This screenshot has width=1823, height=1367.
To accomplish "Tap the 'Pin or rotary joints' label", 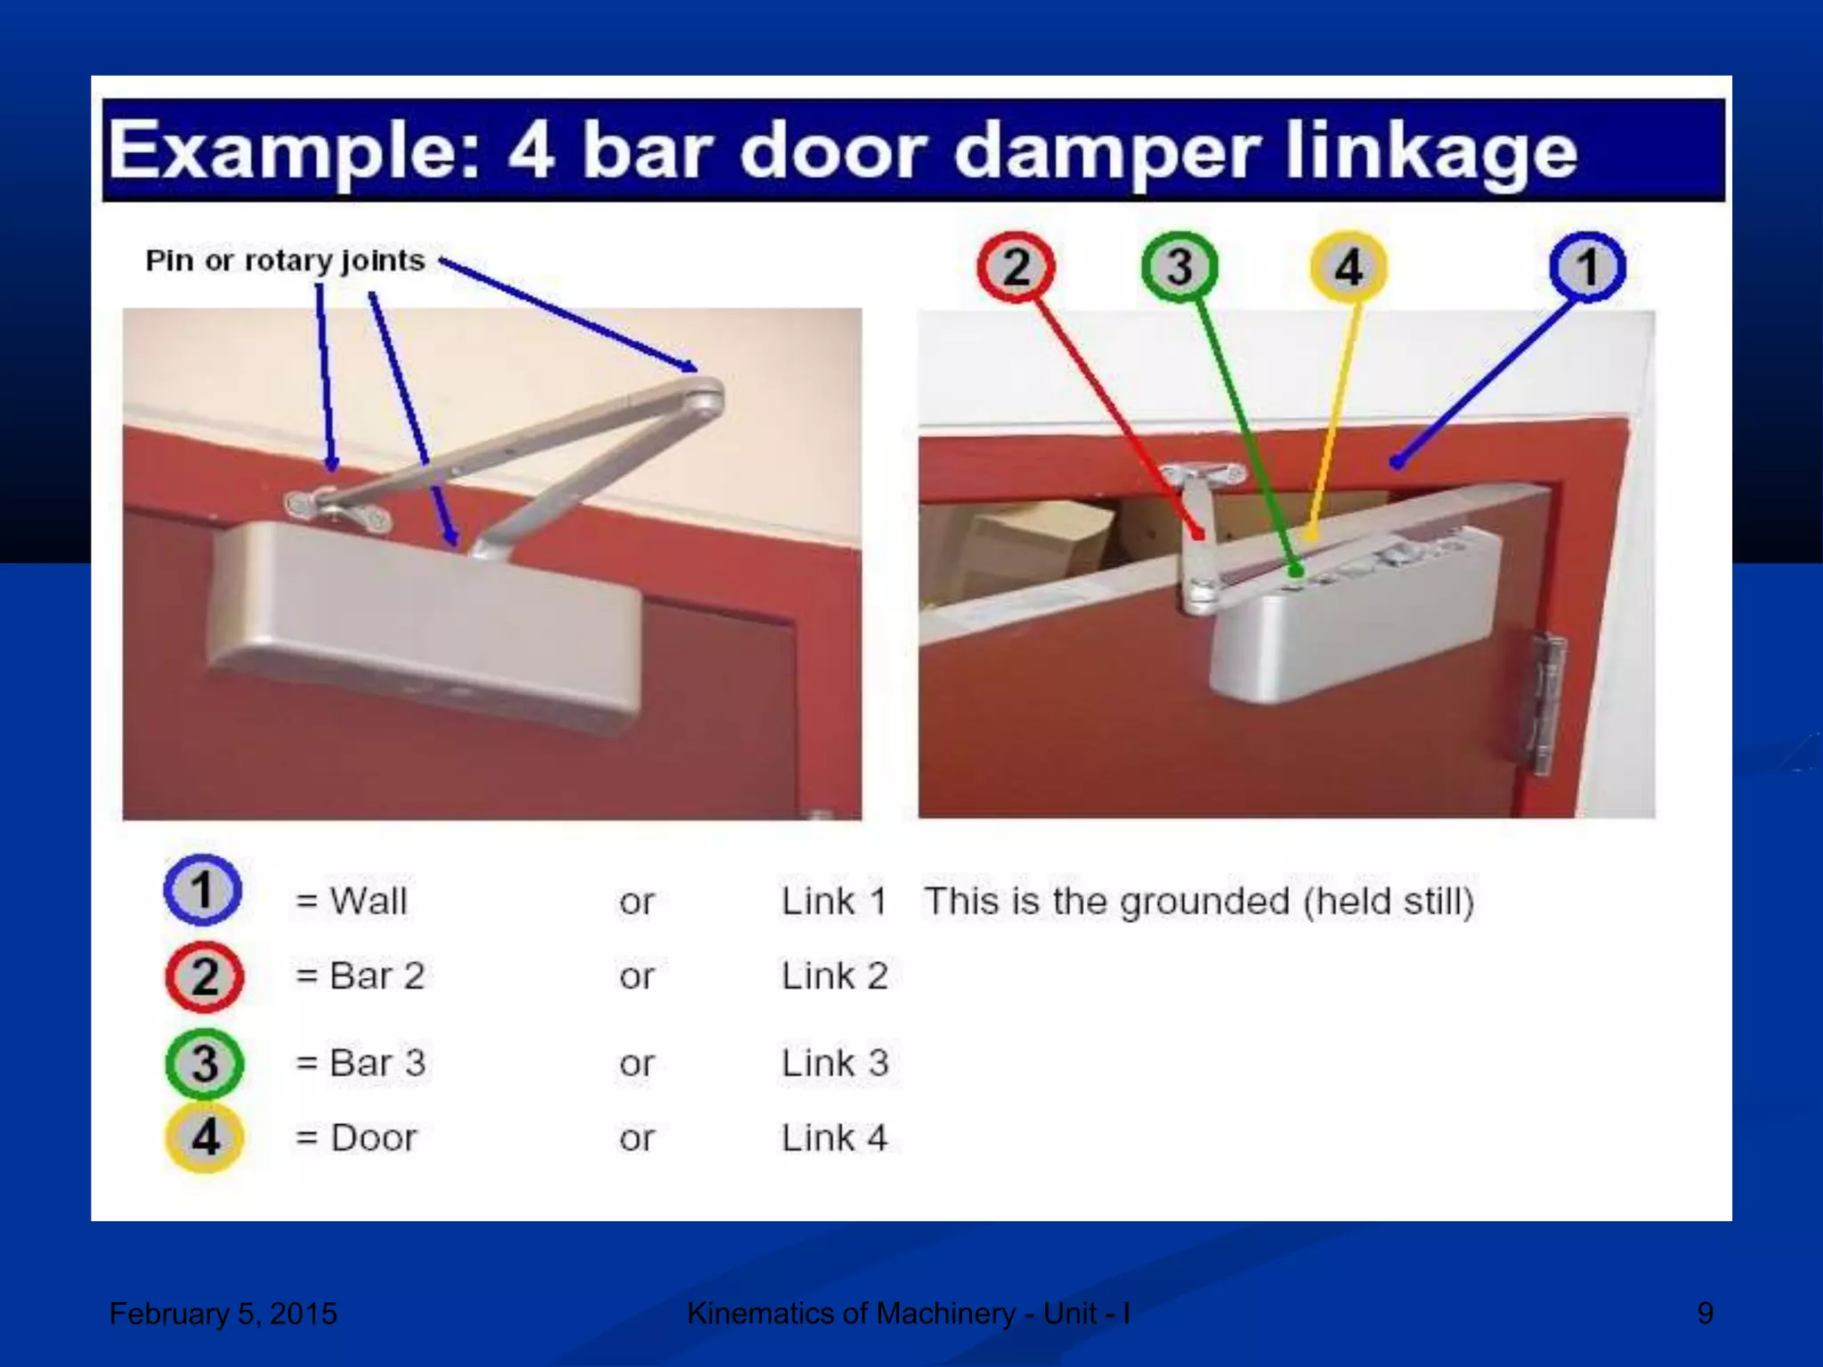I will (285, 261).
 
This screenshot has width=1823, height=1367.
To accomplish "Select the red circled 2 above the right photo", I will (1016, 267).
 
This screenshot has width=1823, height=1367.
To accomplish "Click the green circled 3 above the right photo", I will (1179, 267).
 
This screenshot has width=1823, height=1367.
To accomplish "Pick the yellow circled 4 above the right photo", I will (1348, 267).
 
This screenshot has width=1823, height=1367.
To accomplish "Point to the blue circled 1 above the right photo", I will (1587, 267).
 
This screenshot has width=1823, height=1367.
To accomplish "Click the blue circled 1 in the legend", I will (203, 891).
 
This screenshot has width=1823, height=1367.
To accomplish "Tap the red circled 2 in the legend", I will (204, 976).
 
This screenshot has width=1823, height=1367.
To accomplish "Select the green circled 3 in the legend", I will (204, 1063).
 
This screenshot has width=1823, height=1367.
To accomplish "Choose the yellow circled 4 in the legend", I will (204, 1137).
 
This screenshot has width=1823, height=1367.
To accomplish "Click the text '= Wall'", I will (352, 902).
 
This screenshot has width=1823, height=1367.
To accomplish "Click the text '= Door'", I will (356, 1138).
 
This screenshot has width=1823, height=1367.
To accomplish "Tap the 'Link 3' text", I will (834, 1064).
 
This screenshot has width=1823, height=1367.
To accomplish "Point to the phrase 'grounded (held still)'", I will (1296, 902).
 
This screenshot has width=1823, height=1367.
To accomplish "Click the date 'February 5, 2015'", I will (223, 1314).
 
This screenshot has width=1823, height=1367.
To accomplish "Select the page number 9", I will (1705, 1314).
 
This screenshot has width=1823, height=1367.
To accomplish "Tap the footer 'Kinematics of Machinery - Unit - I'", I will (908, 1314).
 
